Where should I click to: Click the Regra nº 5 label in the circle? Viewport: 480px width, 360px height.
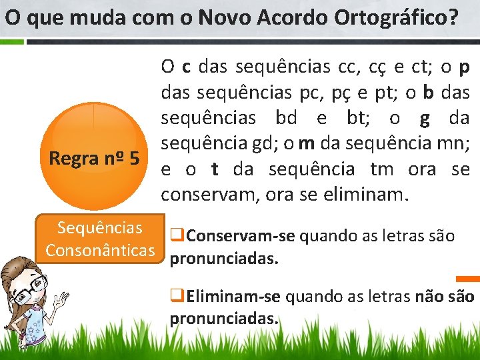[x=94, y=159]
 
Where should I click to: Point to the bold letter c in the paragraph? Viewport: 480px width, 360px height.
[x=186, y=67]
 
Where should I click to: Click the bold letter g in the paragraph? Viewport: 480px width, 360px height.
[x=424, y=118]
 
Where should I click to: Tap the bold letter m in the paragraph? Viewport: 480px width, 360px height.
[x=307, y=143]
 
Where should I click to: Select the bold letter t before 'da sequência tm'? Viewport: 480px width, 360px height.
[x=215, y=169]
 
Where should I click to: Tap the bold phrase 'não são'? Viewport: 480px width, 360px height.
[x=445, y=296]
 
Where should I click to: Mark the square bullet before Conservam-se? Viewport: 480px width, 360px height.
[x=177, y=235]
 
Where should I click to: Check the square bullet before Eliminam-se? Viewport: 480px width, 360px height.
[x=177, y=295]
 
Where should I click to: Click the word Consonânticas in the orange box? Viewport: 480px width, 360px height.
[x=103, y=250]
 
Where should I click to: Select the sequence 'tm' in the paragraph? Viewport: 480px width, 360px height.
[x=382, y=169]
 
